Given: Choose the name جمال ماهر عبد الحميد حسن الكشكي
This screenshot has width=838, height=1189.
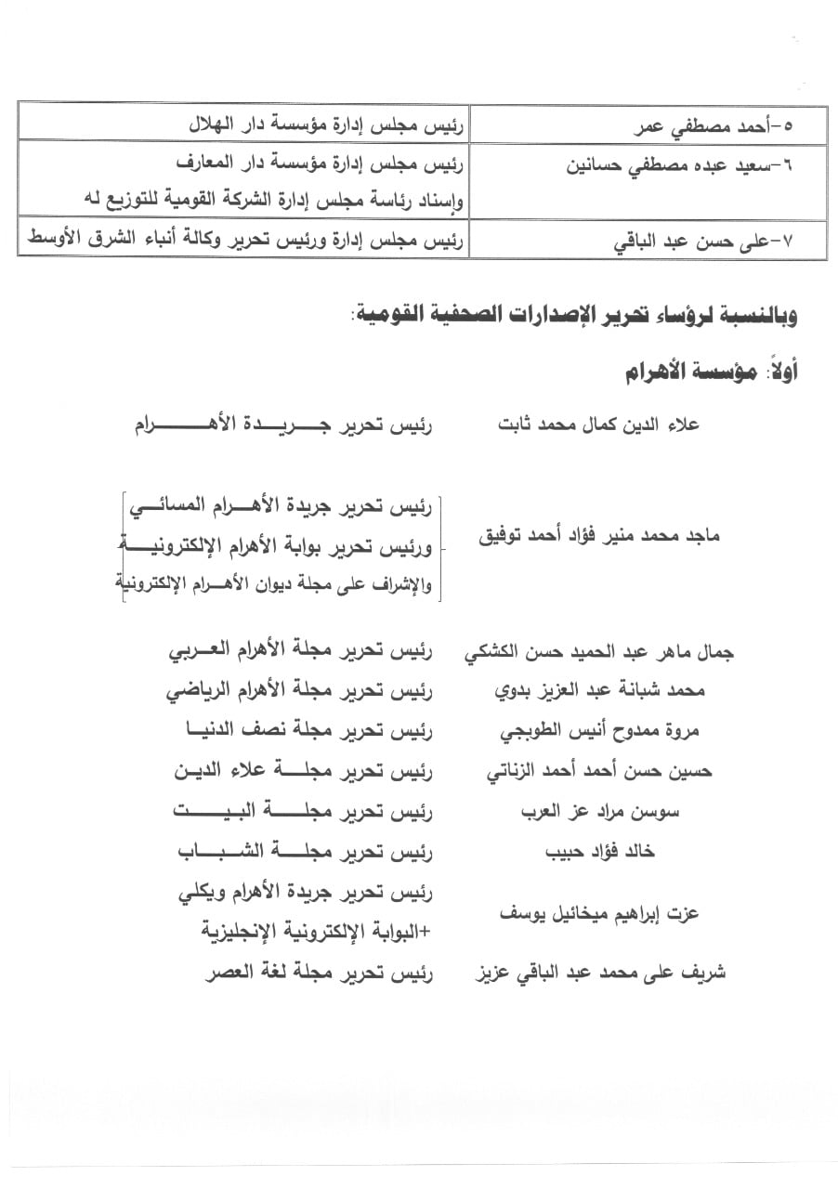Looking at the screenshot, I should pyautogui.click(x=598, y=653).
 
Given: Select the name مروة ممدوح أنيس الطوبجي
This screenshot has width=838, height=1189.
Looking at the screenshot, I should pyautogui.click(x=599, y=731).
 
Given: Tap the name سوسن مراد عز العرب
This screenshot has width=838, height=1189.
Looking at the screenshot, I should pyautogui.click(x=600, y=811).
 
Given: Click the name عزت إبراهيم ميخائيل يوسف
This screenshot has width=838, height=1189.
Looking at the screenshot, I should pyautogui.click(x=600, y=913).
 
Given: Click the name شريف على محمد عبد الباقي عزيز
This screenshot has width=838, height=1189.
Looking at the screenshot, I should pyautogui.click(x=600, y=973).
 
